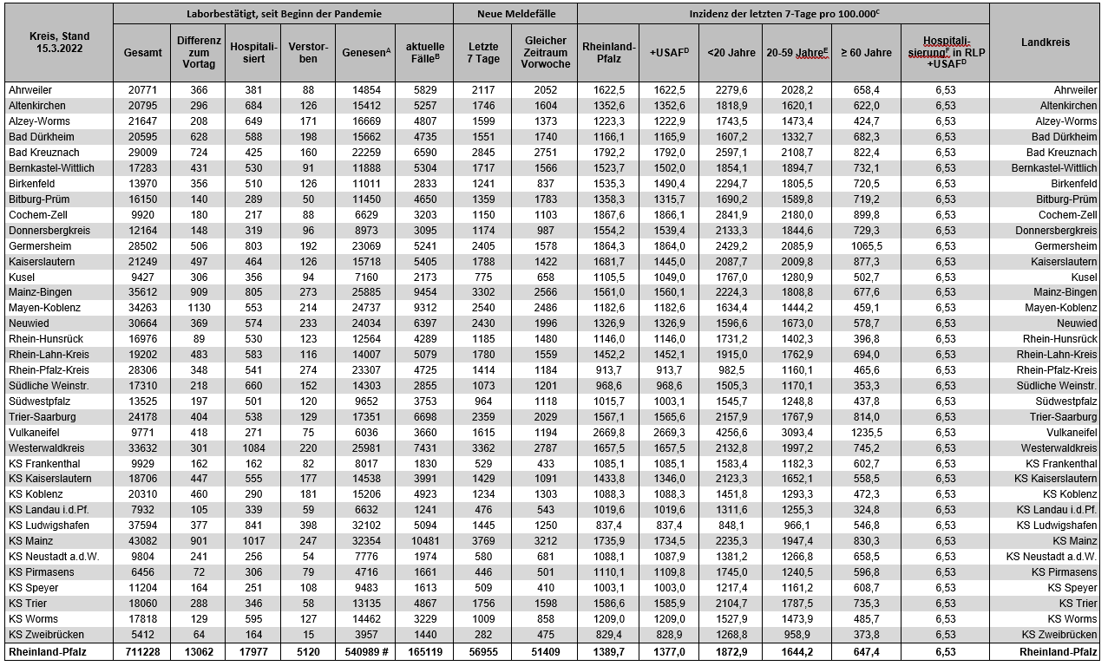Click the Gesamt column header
tap(142, 53)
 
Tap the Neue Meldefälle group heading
tap(515, 14)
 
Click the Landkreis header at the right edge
tap(1045, 42)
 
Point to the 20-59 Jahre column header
tap(797, 53)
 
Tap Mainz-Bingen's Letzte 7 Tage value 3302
tap(482, 292)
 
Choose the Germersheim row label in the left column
tap(36, 245)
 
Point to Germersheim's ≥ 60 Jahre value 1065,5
tap(865, 245)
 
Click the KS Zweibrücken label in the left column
tap(45, 635)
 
